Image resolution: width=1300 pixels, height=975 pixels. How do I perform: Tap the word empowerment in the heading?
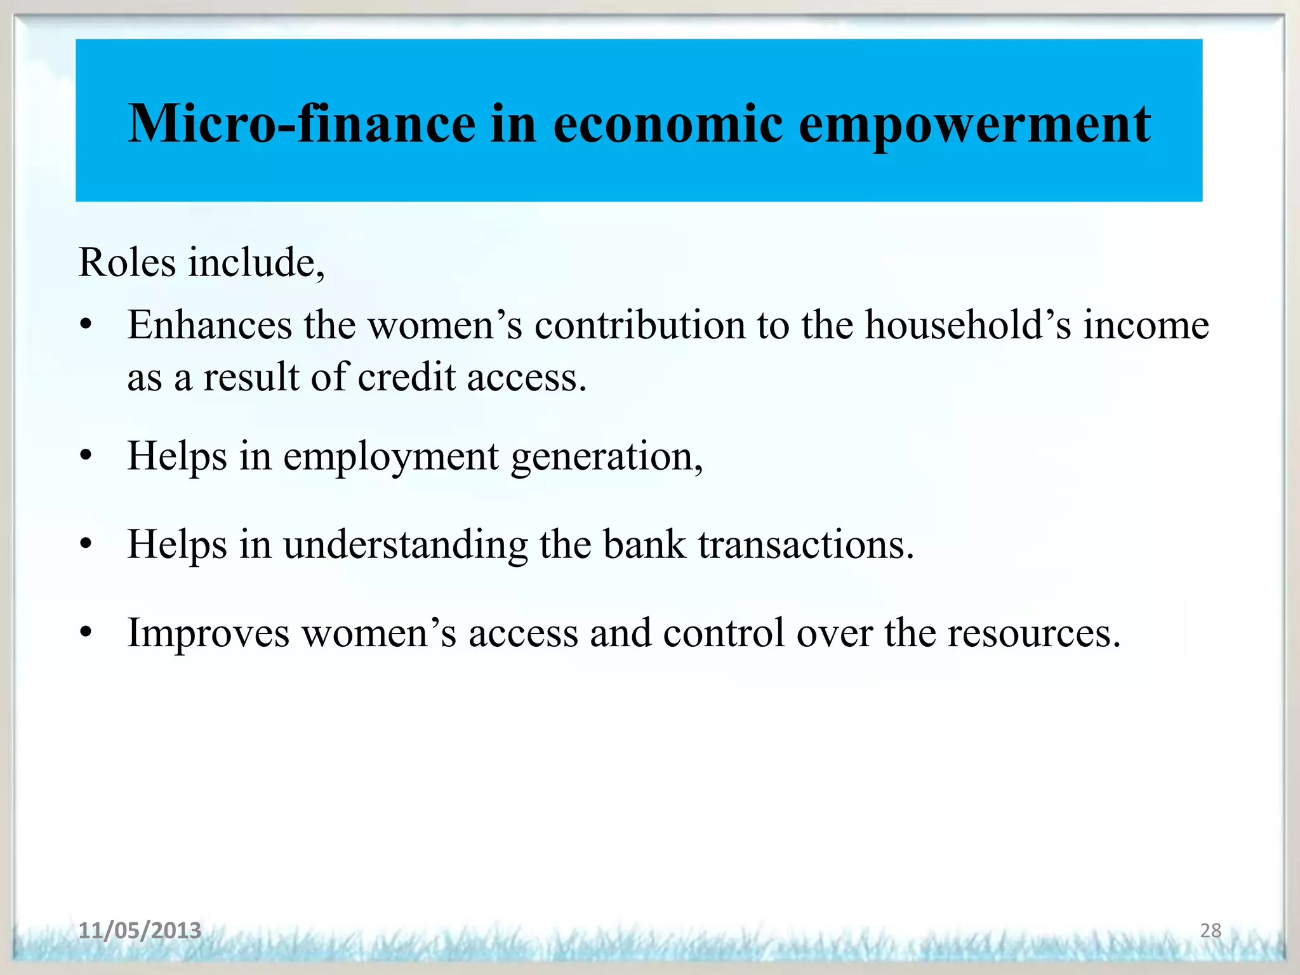tap(974, 125)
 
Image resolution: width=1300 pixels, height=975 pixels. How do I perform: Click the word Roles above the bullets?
tap(126, 262)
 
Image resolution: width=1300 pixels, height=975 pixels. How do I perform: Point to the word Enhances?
tap(209, 325)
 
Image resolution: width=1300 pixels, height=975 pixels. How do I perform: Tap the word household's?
tap(968, 325)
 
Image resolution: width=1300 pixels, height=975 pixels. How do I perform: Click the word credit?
tap(406, 377)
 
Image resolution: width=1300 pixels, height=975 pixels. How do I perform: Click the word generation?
tap(607, 458)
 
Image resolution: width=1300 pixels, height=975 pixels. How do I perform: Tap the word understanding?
tap(405, 545)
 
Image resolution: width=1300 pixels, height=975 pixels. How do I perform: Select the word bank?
tap(644, 545)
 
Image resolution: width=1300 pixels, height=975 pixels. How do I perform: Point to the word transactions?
tap(806, 545)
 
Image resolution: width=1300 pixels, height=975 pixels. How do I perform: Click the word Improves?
tap(208, 633)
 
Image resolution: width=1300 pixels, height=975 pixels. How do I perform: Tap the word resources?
tap(1034, 633)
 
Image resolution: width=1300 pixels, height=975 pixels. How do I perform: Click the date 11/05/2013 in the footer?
tap(140, 931)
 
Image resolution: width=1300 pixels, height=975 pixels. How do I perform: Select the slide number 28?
tap(1210, 931)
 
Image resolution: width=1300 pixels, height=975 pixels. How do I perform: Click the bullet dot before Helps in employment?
tap(86, 456)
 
